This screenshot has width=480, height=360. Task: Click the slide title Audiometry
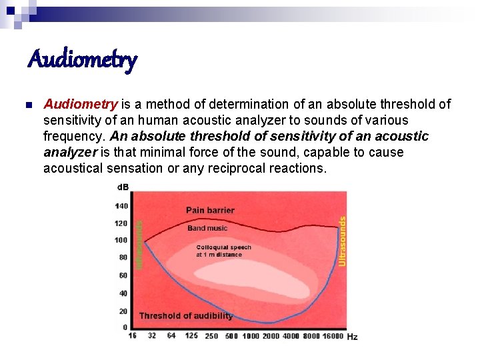82,60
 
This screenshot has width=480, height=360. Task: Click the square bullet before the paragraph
27,105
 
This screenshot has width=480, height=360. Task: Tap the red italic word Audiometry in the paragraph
81,104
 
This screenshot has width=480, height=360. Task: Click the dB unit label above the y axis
123,187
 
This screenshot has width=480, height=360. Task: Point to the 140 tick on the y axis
121,206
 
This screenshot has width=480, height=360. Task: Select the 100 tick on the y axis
121,240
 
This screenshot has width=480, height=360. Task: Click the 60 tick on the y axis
123,275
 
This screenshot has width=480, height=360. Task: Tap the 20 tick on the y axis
123,311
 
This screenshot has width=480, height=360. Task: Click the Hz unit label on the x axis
352,337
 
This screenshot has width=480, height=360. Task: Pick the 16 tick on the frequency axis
133,335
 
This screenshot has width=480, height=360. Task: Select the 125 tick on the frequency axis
191,335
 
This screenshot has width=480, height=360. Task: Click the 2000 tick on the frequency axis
271,336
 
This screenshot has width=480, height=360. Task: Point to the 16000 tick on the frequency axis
333,336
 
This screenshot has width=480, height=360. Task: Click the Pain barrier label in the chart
210,210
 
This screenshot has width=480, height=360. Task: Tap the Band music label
207,228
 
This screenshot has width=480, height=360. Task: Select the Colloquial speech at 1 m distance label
223,251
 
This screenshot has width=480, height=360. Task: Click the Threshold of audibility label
185,315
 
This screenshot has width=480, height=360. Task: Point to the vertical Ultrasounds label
343,241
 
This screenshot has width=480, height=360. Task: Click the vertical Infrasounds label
139,245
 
